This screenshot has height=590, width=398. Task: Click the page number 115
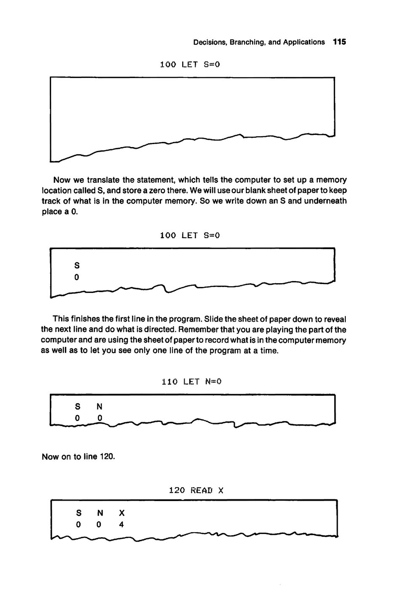[339, 42]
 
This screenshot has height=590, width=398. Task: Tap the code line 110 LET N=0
[192, 382]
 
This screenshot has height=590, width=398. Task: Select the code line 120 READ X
[196, 490]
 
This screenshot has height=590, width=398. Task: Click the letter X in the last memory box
[122, 513]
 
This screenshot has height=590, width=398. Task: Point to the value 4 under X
[121, 525]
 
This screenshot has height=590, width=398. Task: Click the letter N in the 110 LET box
[99, 407]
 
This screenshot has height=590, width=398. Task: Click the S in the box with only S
[77, 265]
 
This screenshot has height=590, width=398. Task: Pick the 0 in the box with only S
[77, 277]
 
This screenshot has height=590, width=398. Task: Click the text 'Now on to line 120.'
[78, 457]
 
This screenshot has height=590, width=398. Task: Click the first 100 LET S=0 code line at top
[190, 64]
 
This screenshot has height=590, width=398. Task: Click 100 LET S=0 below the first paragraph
[190, 236]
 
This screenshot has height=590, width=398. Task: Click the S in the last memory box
[78, 513]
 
